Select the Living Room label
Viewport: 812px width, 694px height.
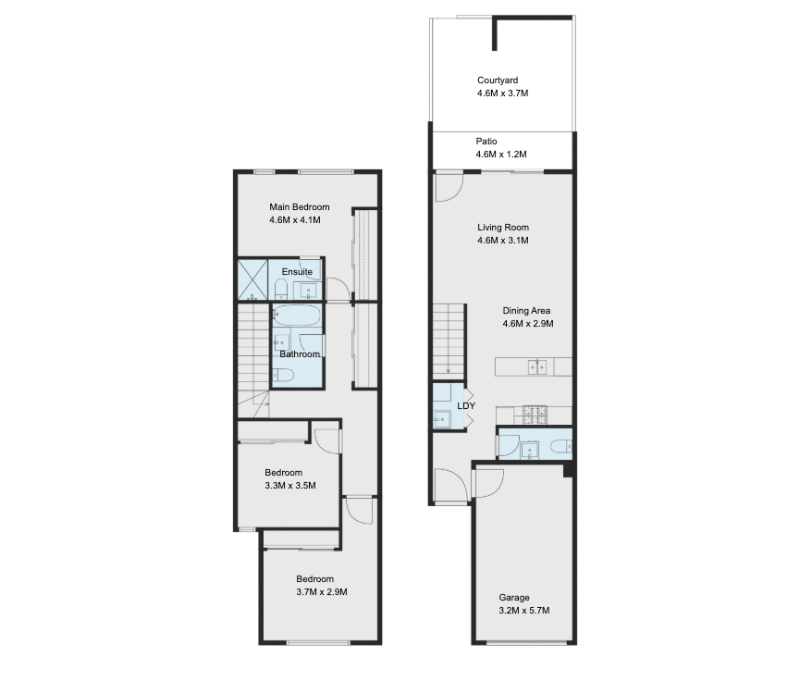pos(503,227)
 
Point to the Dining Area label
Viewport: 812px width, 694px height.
pos(528,311)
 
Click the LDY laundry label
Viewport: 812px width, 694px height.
pos(466,405)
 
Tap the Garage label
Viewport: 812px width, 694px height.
pos(514,598)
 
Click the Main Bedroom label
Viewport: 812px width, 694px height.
pos(299,207)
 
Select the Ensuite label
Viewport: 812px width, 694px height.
pos(296,272)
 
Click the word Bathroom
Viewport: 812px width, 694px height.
pos(300,354)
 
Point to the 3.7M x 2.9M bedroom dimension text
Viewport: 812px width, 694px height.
pos(321,592)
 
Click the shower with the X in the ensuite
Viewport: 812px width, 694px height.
pos(252,279)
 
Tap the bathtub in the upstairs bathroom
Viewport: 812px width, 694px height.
pos(297,316)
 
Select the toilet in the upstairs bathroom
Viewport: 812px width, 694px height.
pos(285,375)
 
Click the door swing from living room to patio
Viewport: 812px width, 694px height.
pos(448,187)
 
